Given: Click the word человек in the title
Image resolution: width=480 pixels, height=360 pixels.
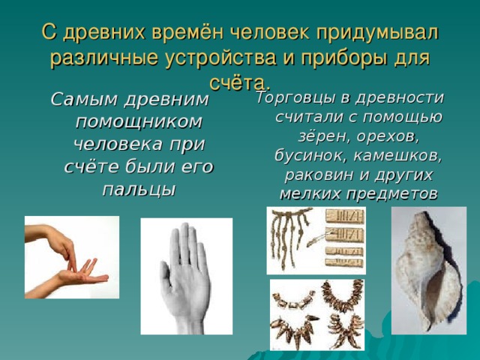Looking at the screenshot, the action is click(x=269, y=32).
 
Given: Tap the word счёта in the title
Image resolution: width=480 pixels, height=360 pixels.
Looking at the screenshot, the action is click(x=237, y=83).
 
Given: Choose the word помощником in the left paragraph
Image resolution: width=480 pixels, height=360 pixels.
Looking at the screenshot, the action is click(x=139, y=121).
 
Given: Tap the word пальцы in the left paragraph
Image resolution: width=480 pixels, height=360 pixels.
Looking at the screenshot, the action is click(x=139, y=190).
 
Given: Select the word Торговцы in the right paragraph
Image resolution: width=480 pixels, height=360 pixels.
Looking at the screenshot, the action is click(x=302, y=98).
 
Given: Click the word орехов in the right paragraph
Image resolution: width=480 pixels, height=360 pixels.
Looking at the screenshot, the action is click(x=388, y=136).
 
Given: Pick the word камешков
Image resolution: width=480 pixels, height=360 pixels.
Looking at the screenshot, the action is click(x=398, y=155).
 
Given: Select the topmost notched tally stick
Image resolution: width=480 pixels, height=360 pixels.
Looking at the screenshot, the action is click(x=345, y=217).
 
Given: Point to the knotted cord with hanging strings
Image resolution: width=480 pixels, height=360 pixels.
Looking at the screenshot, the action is click(x=290, y=235).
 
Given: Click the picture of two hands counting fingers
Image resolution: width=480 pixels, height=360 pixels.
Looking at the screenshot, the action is click(x=72, y=257).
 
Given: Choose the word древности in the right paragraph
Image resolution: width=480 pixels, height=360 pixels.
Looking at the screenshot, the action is click(x=400, y=98).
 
